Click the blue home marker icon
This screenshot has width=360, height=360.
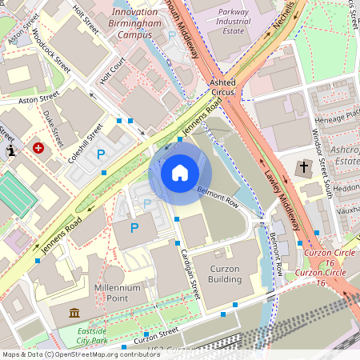(180, 172)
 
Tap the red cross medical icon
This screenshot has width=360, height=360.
(38, 148)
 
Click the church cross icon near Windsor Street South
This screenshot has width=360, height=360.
(303, 168)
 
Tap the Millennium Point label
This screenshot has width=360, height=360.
(118, 292)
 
